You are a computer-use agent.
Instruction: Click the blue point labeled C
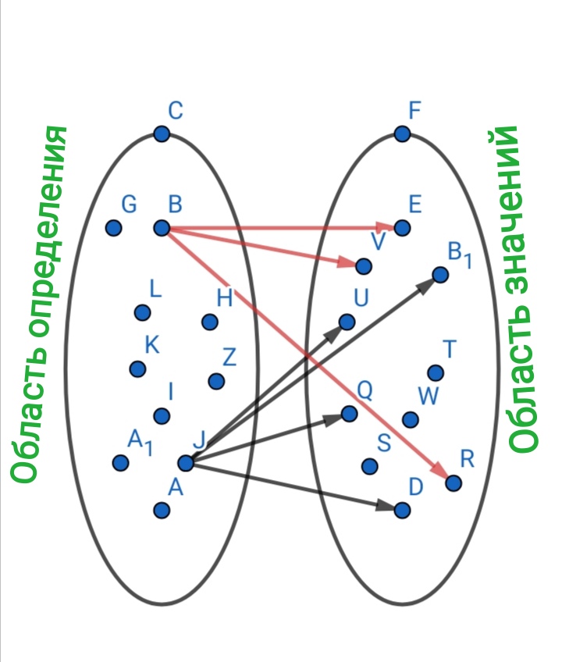(x=162, y=134)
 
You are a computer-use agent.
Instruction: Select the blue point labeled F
(x=402, y=134)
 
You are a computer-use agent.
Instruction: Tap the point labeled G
(x=114, y=228)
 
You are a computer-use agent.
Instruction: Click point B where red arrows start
(x=162, y=228)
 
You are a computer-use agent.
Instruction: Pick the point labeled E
(x=402, y=228)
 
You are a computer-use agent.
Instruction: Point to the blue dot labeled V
(x=363, y=266)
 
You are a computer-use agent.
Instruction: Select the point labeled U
(x=347, y=322)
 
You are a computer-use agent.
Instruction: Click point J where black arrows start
(x=186, y=463)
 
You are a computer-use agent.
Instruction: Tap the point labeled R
(x=454, y=483)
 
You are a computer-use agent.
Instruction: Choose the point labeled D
(x=402, y=510)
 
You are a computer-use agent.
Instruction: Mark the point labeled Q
(x=349, y=414)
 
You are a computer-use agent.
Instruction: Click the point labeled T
(x=436, y=372)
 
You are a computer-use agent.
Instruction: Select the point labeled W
(x=410, y=420)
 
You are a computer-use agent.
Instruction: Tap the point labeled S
(x=370, y=466)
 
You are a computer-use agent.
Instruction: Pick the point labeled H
(x=209, y=322)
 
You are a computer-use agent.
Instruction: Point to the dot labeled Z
(x=216, y=381)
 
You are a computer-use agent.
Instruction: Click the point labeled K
(x=137, y=368)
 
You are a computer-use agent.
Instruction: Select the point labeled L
(x=142, y=312)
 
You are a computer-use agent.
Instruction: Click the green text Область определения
(x=33, y=304)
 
